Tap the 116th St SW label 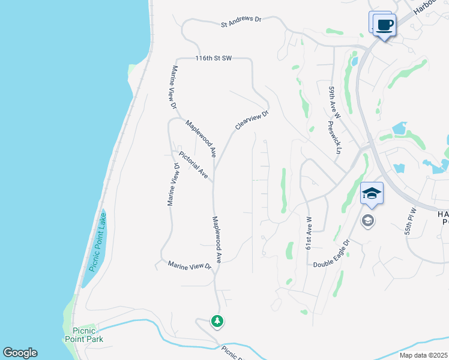tap(213, 59)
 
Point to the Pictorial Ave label tap(193, 164)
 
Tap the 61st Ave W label tap(309, 232)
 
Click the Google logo tap(20, 353)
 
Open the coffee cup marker tap(384, 25)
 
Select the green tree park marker tap(217, 322)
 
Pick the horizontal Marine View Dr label tap(189, 265)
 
